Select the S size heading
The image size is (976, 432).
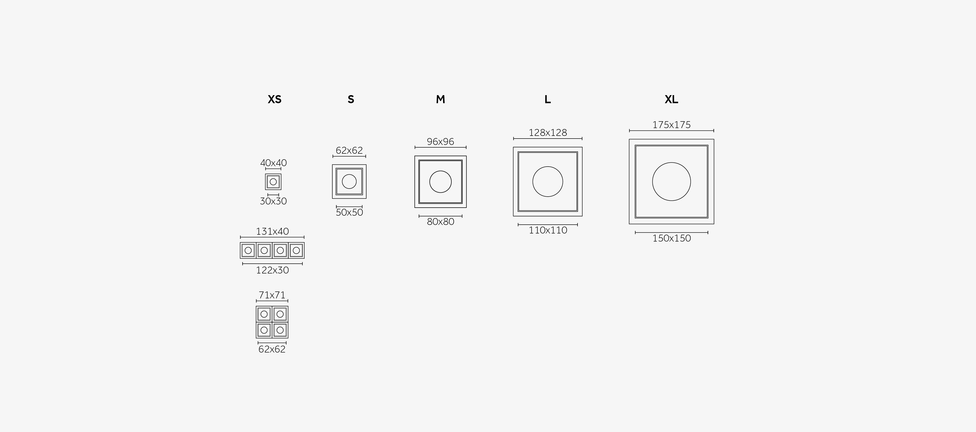coord(351,99)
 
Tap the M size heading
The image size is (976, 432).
coord(440,99)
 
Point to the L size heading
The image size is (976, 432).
coord(548,99)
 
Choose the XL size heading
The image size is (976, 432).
coord(671,99)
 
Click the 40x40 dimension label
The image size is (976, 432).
coord(273,163)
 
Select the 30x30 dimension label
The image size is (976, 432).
coord(273,201)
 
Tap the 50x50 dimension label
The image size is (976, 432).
coord(349,212)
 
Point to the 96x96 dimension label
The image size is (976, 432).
coord(440,142)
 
